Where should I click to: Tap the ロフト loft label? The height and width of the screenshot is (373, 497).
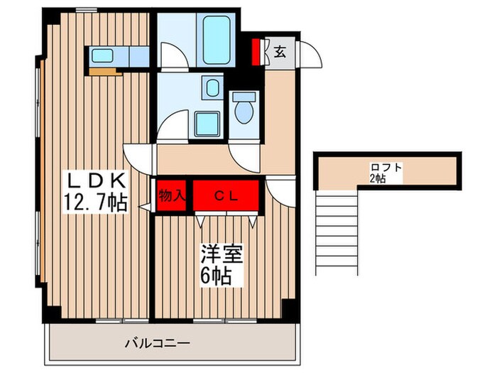386,168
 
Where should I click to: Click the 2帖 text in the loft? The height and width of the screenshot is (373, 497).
377,179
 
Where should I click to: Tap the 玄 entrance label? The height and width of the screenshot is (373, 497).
280,51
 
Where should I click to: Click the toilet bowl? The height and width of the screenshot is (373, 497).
244,110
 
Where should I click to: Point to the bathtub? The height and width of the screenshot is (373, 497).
217,39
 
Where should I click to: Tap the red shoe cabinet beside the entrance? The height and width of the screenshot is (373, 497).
257,52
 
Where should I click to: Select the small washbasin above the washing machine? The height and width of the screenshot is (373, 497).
211,89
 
